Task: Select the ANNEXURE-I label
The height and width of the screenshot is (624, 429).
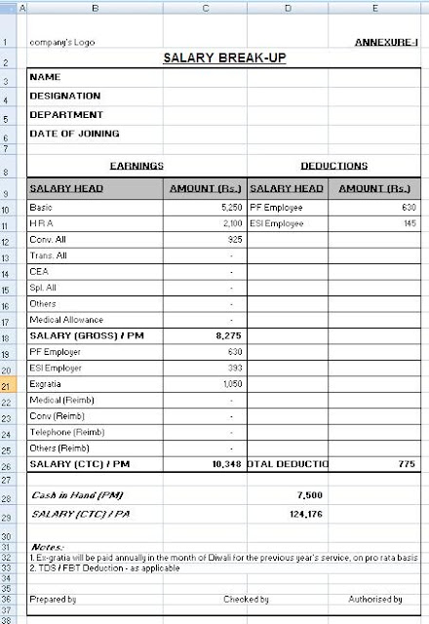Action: [387, 43]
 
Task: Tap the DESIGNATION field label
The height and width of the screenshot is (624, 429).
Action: [65, 96]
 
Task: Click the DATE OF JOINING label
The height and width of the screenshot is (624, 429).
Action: [75, 133]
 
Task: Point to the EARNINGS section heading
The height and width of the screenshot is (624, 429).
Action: [136, 167]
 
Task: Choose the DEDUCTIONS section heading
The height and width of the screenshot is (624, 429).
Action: [334, 167]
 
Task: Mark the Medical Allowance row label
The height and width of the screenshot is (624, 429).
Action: [66, 319]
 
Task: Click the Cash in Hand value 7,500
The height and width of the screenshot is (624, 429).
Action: [308, 495]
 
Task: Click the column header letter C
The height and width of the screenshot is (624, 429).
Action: [205, 8]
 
